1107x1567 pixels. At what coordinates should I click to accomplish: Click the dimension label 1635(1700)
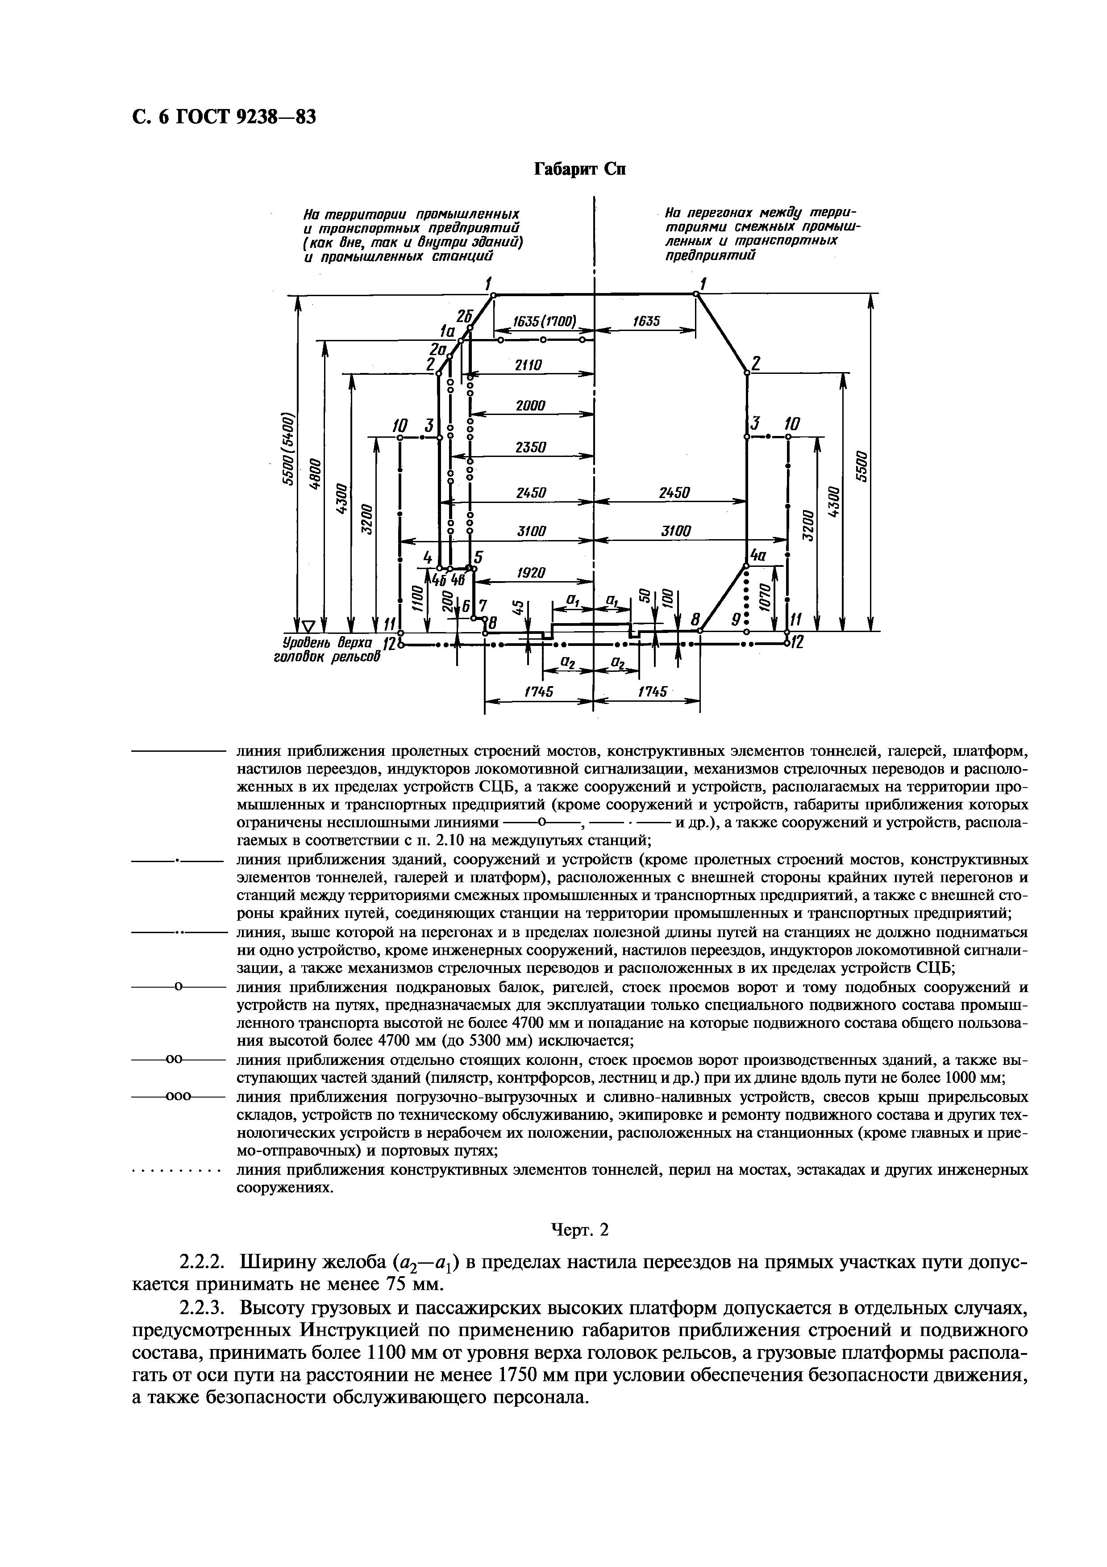544,321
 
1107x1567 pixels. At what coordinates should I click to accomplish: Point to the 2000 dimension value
530,406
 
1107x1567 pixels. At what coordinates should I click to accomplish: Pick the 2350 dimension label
530,447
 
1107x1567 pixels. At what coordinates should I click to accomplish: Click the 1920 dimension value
531,573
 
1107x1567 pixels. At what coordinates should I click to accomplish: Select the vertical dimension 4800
314,470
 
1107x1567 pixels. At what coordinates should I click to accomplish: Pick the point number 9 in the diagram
735,620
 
